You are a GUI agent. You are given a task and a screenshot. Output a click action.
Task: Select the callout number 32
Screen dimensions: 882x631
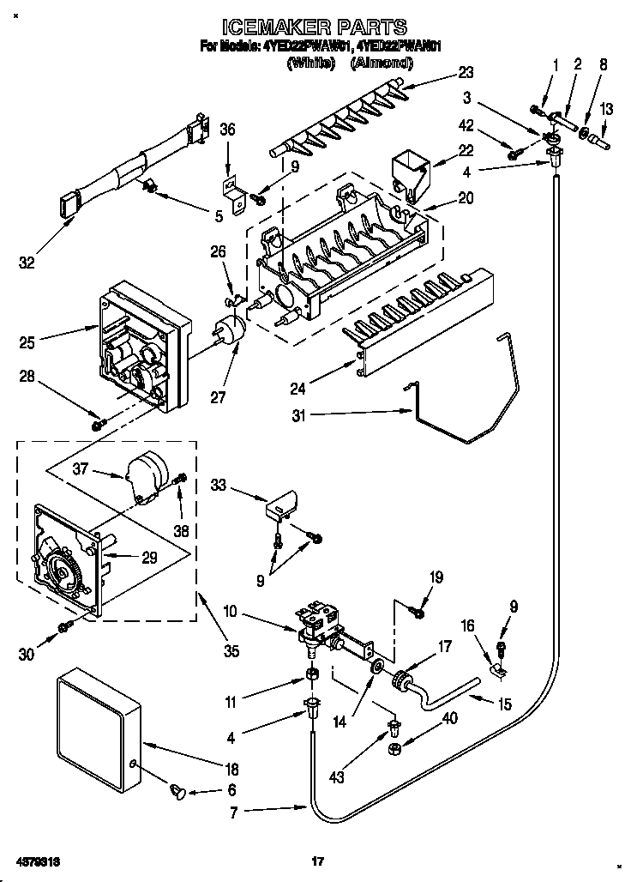27,263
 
